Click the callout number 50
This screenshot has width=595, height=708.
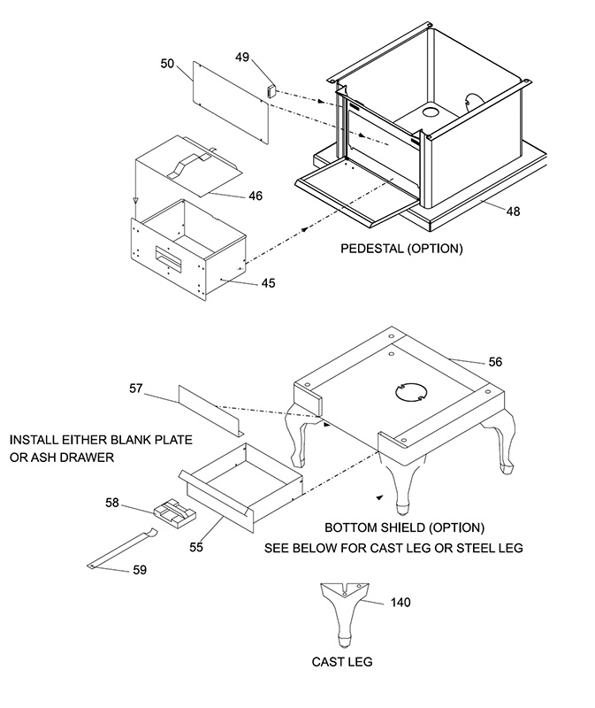pos(167,64)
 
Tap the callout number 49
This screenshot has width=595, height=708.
pos(242,57)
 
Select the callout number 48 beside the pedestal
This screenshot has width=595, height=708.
pos(513,212)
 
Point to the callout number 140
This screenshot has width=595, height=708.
pos(400,603)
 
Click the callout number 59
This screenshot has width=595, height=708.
pos(140,570)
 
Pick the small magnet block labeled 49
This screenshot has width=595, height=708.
pos(271,91)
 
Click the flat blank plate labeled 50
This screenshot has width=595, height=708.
pos(231,103)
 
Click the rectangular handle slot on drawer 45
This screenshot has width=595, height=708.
pos(168,258)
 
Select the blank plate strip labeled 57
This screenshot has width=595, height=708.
pos(211,412)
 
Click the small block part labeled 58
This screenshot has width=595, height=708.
pos(175,513)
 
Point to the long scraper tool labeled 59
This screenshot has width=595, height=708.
pos(122,549)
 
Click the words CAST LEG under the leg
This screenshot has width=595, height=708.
pos(342,662)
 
